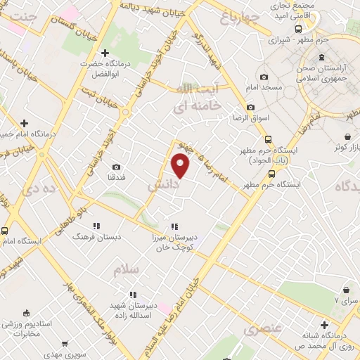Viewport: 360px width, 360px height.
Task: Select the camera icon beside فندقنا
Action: click(116, 167)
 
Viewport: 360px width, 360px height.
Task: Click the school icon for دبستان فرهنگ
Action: click(96, 226)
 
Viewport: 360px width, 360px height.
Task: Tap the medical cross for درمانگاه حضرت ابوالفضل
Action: click(105, 53)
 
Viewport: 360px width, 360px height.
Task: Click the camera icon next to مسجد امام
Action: click(264, 77)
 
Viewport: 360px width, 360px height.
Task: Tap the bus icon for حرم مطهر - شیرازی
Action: click(298, 29)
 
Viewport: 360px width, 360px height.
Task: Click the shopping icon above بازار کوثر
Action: click(347, 136)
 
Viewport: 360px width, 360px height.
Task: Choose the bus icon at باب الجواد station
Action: click(277, 139)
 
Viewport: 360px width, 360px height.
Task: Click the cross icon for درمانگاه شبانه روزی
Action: click(324, 325)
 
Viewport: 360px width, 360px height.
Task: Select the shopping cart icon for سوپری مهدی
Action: click(65, 345)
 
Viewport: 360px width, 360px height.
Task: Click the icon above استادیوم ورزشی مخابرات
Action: click(26, 312)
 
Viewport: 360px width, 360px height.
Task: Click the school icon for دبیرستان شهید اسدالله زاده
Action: click(132, 295)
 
